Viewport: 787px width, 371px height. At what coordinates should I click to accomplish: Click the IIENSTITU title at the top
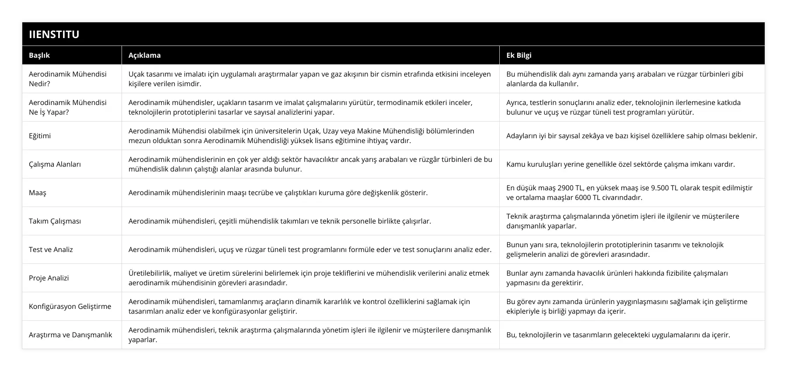pos(54,34)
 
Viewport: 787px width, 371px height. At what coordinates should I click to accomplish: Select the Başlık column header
pos(39,55)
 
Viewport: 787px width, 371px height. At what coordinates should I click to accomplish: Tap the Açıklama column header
pos(144,55)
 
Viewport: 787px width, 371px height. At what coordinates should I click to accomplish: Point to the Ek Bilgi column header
pos(519,55)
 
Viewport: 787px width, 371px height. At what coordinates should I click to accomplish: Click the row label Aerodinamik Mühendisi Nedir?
pos(67,79)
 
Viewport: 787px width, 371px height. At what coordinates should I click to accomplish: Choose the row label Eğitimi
pos(40,136)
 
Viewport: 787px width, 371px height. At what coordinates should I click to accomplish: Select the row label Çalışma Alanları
pos(55,164)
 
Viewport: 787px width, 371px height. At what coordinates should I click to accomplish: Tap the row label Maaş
pos(38,192)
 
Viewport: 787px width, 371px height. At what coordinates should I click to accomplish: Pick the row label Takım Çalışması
pos(55,221)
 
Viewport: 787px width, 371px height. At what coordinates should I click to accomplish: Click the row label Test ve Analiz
pos(51,249)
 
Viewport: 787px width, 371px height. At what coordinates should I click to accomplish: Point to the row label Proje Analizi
pos(49,278)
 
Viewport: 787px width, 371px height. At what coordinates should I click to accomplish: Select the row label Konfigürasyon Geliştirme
pos(70,306)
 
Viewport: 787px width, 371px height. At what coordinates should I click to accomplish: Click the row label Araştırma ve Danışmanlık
pos(70,335)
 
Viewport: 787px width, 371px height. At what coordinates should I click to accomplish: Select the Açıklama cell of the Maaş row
pos(278,192)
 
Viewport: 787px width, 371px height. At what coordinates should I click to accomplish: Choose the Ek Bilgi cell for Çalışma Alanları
pos(620,164)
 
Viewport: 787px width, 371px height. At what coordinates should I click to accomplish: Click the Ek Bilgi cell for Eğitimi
pos(631,136)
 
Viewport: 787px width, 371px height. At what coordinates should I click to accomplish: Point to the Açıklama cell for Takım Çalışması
pos(280,221)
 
